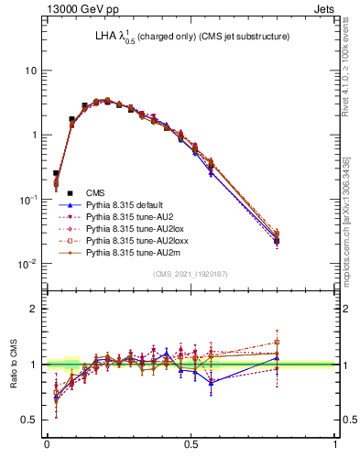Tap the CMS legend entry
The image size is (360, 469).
point(95,192)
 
